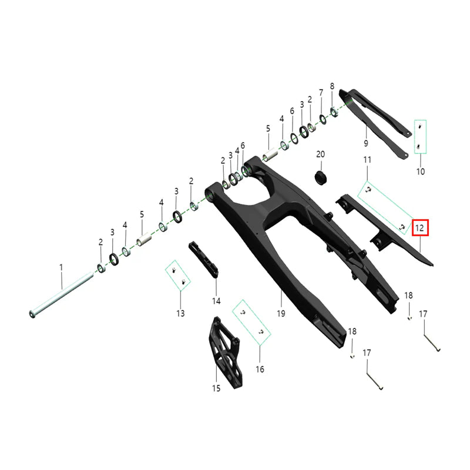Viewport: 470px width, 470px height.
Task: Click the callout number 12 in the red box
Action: [419, 228]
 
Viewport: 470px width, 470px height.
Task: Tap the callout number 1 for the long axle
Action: [61, 267]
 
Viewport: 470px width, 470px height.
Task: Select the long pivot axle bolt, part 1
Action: [61, 295]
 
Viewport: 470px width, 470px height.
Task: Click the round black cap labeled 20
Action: [320, 178]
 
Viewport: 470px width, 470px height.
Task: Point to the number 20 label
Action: [320, 154]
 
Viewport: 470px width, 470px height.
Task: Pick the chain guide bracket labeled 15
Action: [226, 352]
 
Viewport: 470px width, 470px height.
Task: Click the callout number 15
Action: [216, 388]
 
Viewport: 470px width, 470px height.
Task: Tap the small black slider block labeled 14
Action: [204, 260]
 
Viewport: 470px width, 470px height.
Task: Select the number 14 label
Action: [216, 301]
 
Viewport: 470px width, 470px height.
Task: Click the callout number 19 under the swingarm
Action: [281, 313]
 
